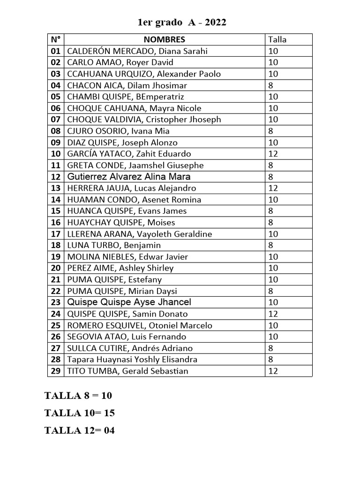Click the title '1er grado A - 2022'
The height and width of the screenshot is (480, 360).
tap(181, 22)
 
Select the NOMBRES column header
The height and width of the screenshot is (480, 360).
tap(164, 39)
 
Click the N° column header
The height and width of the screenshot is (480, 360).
tap(56, 39)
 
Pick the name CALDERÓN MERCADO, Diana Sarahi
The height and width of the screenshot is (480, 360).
tap(137, 51)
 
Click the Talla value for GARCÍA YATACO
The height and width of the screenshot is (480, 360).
tap(273, 154)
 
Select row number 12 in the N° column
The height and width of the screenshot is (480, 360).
tap(56, 177)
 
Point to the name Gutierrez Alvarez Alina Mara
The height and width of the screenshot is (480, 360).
tap(129, 177)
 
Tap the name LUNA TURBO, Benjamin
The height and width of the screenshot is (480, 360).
tap(114, 245)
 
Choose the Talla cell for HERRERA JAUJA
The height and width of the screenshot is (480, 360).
tap(273, 188)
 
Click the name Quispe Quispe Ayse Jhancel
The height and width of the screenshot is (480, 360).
tap(129, 302)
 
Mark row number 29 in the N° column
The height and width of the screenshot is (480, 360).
tap(56, 371)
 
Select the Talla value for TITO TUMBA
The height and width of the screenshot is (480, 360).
tap(273, 371)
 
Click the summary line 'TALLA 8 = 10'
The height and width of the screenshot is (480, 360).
tap(78, 396)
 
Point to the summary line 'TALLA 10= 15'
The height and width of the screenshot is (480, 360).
tap(79, 413)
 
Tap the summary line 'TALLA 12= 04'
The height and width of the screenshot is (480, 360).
tap(79, 430)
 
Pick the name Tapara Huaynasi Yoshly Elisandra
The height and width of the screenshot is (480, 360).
tap(132, 360)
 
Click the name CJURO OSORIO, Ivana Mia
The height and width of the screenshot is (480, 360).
tap(119, 131)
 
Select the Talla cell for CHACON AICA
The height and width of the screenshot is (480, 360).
tap(271, 85)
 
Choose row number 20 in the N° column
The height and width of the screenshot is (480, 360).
tap(56, 268)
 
